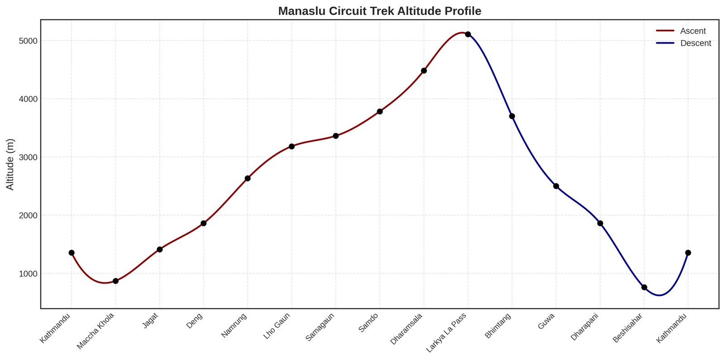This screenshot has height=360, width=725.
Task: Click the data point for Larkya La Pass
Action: (x=468, y=34)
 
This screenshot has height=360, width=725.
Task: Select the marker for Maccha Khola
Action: (x=116, y=281)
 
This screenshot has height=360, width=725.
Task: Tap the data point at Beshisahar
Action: (x=644, y=287)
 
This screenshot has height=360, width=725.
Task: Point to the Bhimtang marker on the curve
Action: (x=512, y=116)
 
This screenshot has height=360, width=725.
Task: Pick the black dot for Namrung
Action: (x=247, y=178)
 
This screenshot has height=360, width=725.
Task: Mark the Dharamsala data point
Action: (x=424, y=71)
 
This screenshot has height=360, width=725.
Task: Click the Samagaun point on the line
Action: (x=336, y=136)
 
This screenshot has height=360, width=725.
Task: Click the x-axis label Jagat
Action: (x=151, y=321)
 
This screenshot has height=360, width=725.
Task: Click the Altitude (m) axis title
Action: (x=10, y=164)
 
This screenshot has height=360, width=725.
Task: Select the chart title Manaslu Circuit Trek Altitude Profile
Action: (x=380, y=11)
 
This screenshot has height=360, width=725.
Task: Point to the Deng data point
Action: (x=203, y=223)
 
